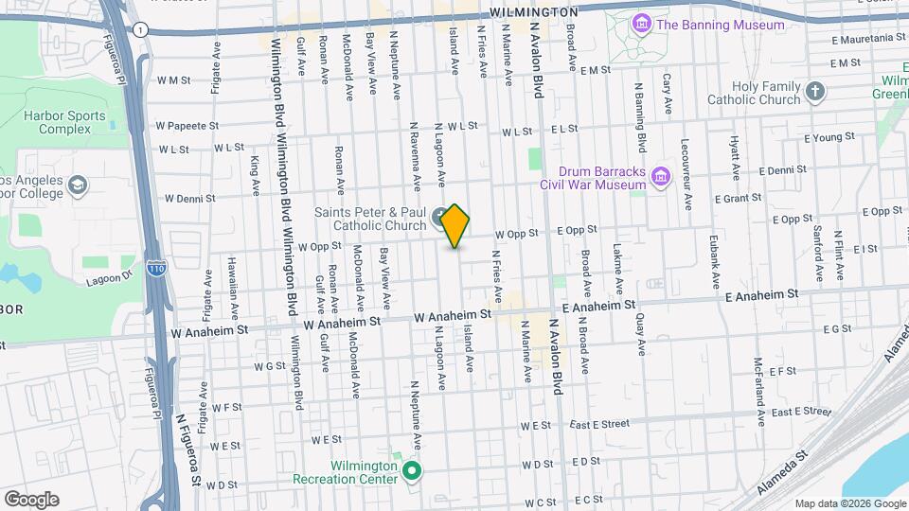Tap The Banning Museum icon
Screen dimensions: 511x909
click(642, 23)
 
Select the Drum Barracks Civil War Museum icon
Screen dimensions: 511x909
click(661, 177)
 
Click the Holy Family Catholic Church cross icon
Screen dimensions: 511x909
click(815, 93)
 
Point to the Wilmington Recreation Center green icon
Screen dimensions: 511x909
click(411, 470)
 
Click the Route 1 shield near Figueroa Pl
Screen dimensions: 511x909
click(140, 30)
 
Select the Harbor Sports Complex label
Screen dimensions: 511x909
click(64, 122)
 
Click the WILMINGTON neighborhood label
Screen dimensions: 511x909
click(535, 11)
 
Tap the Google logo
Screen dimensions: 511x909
click(31, 499)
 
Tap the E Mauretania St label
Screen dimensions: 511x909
click(868, 39)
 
